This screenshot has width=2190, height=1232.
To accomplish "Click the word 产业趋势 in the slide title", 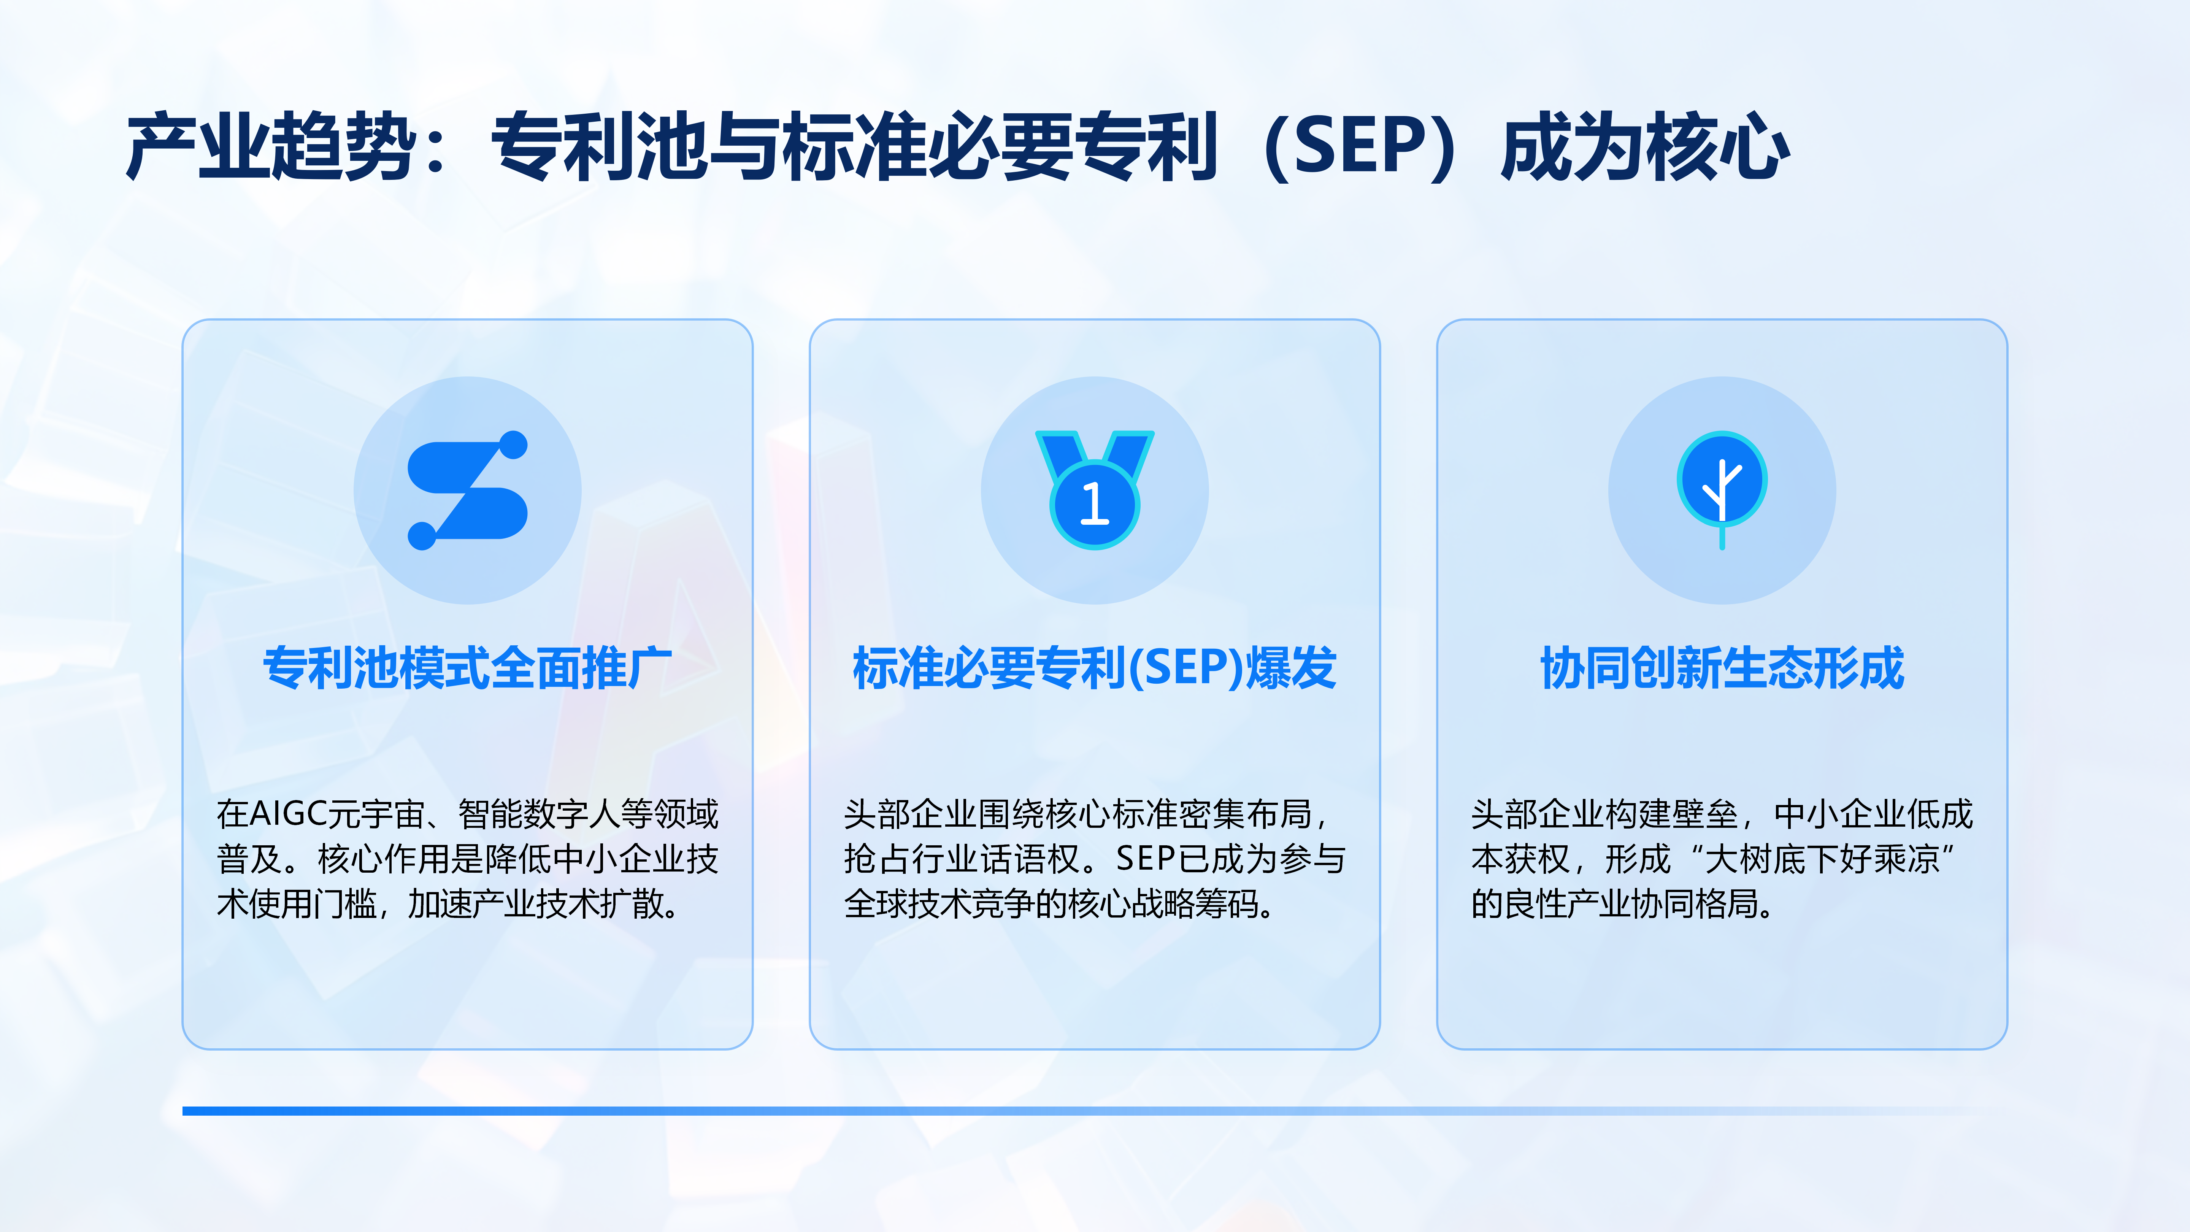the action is click(x=270, y=147).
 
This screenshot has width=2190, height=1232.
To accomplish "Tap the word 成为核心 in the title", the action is click(x=1645, y=147).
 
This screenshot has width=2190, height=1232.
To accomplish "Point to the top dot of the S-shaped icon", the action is click(x=514, y=446).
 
